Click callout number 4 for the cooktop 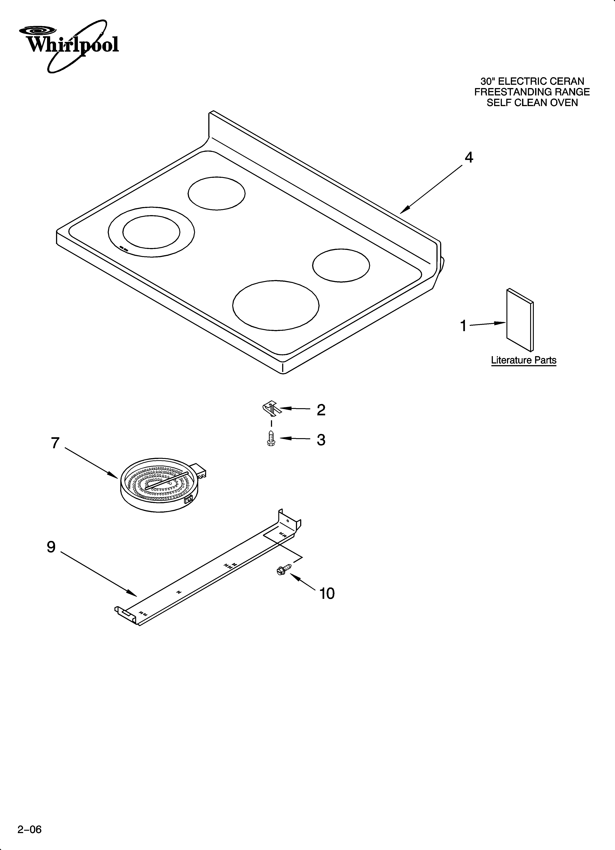pos(469,158)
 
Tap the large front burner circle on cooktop pos(276,305)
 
